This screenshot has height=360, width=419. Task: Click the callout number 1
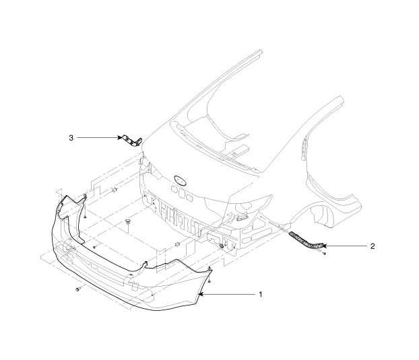261,294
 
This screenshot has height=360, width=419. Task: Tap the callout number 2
373,246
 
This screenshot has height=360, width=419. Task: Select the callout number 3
71,138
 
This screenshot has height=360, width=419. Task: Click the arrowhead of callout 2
323,246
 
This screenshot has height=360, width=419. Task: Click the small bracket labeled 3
132,141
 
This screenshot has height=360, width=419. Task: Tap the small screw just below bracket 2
325,253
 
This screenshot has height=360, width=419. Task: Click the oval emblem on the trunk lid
180,180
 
